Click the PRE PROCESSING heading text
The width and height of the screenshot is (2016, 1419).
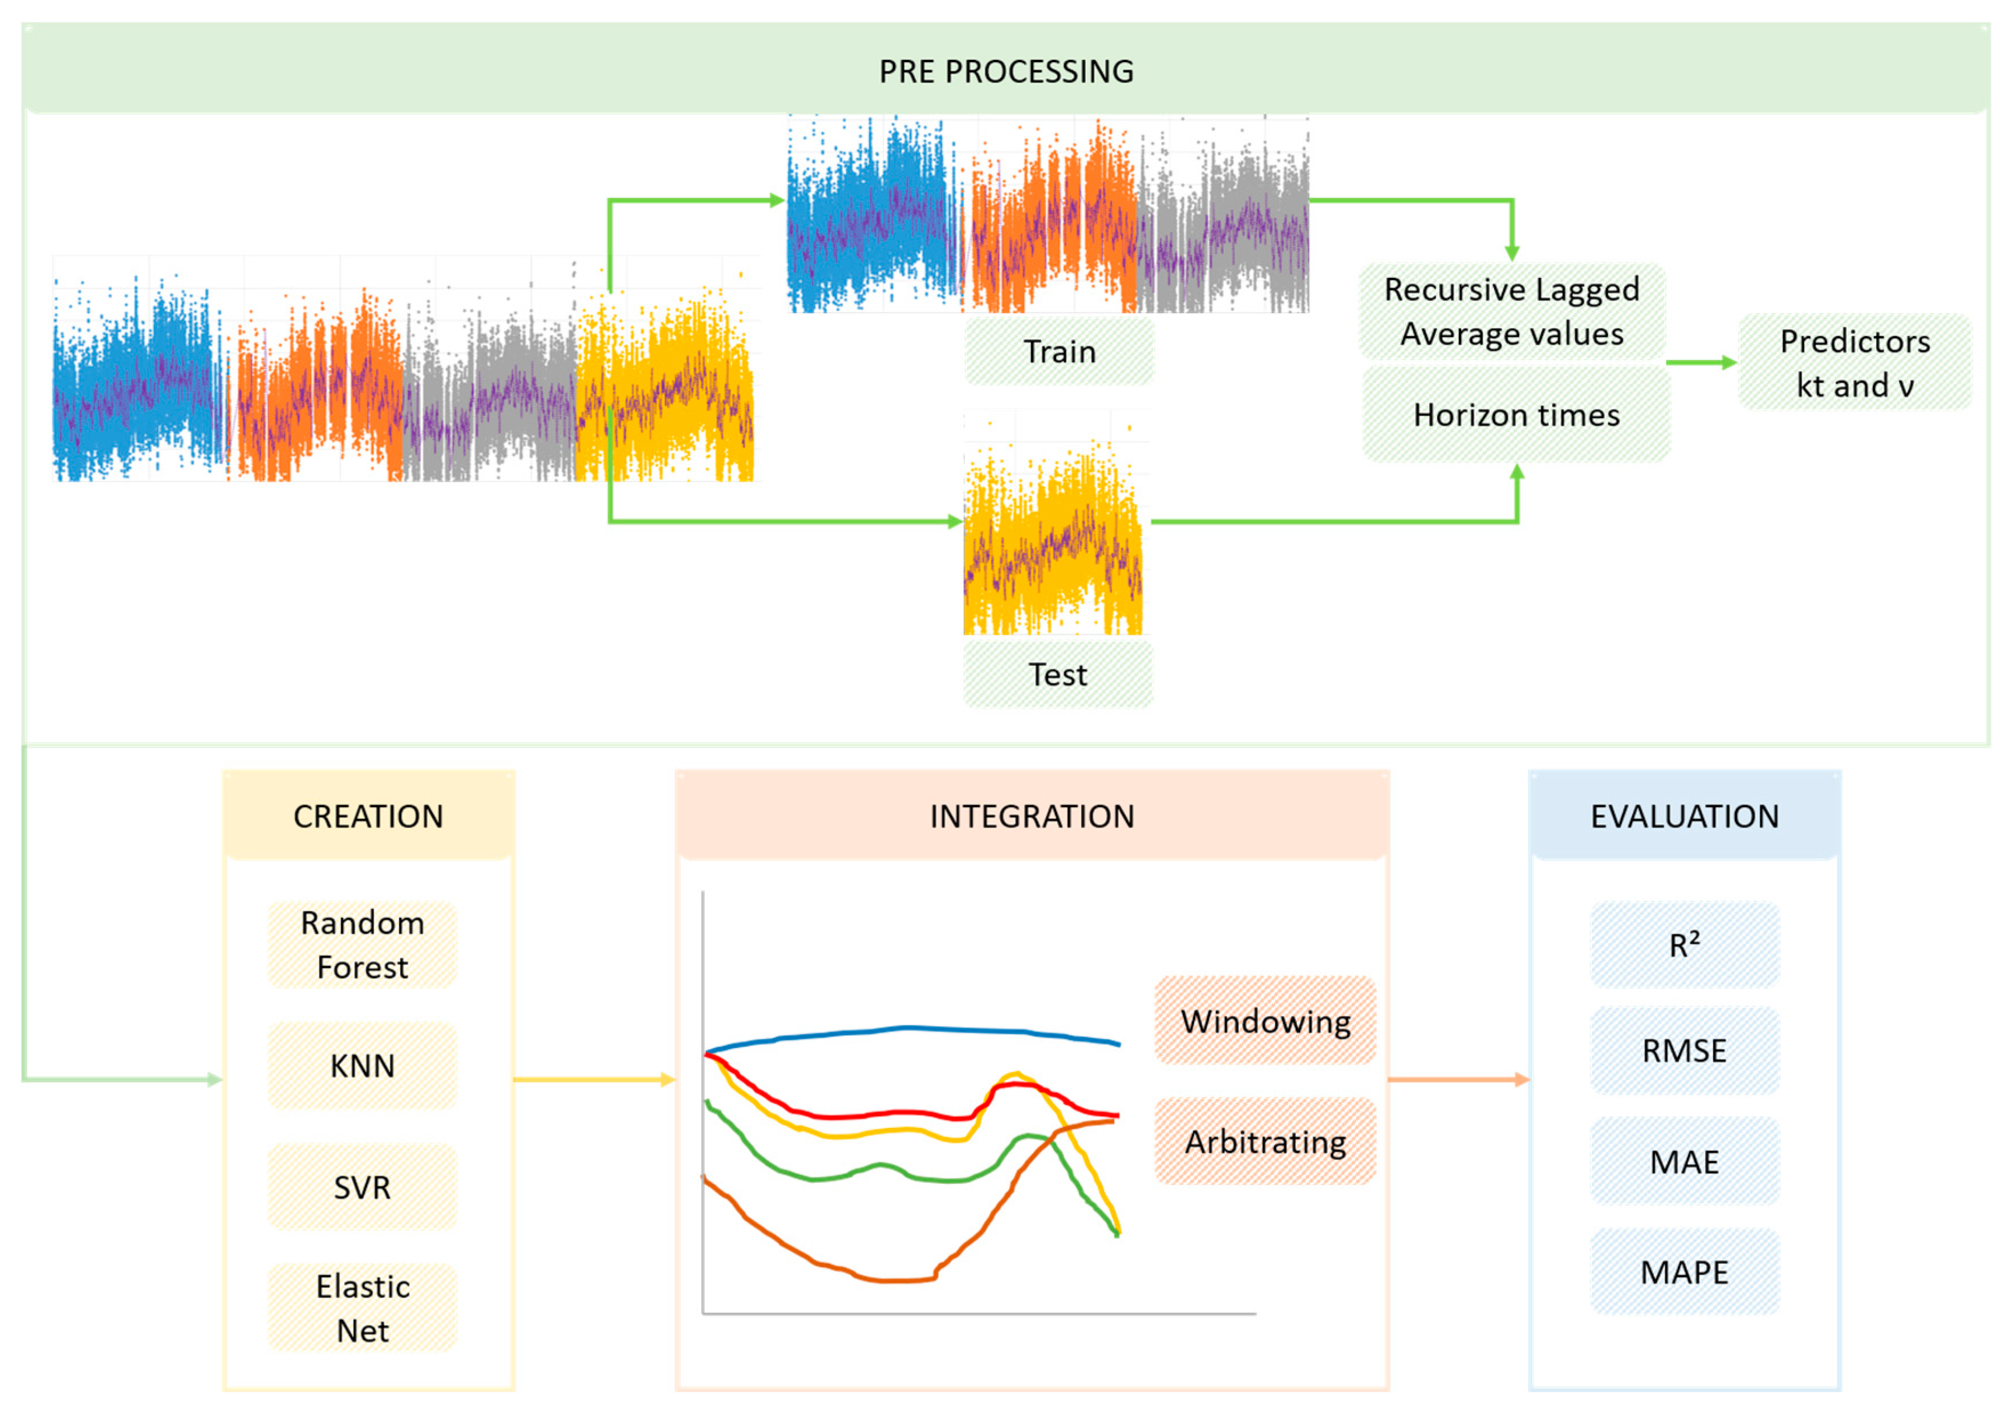click(x=1006, y=71)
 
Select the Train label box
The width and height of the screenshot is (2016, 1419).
click(x=1059, y=351)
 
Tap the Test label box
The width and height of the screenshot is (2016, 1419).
click(x=1057, y=674)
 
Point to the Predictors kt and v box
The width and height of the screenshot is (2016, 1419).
click(x=1855, y=363)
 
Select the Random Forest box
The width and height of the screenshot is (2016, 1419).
click(x=362, y=945)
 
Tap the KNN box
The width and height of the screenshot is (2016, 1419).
click(x=362, y=1065)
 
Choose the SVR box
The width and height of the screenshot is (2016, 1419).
click(x=362, y=1187)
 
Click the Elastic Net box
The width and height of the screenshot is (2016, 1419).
click(x=362, y=1308)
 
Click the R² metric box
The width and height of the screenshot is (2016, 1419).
click(x=1684, y=945)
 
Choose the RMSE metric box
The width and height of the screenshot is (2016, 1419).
click(x=1684, y=1050)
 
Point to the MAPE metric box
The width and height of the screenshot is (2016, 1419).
click(x=1684, y=1271)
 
